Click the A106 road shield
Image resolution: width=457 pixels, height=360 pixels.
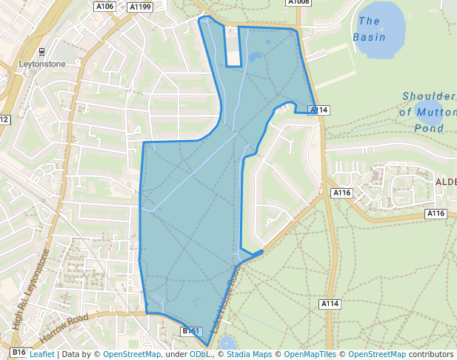click(105, 7)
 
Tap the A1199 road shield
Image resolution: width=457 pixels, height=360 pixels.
click(139, 7)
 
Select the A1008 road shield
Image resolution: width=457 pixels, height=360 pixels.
click(298, 2)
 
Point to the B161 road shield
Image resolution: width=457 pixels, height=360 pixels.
click(191, 331)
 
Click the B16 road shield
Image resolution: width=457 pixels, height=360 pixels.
click(19, 352)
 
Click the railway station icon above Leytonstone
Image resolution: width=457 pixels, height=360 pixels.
click(41, 52)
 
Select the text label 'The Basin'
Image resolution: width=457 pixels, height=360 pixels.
click(368, 29)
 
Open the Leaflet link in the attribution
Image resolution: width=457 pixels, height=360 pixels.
click(42, 354)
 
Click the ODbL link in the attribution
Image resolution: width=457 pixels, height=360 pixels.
click(199, 354)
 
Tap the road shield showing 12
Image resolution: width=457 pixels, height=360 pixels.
click(4, 119)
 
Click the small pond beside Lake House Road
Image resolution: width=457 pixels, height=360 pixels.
click(227, 343)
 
